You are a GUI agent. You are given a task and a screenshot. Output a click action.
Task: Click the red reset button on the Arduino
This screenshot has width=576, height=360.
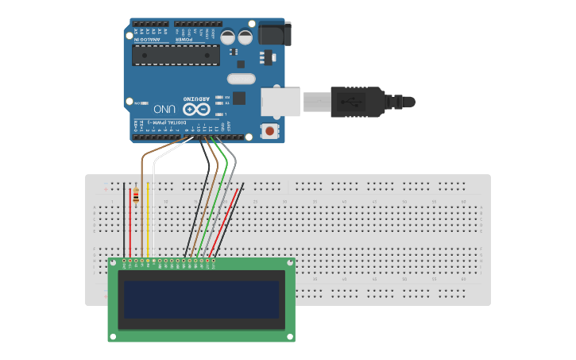click(270, 131)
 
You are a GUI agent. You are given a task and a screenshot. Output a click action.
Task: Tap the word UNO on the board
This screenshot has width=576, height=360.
click(164, 108)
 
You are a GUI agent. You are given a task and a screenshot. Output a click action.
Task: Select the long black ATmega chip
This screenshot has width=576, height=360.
click(175, 55)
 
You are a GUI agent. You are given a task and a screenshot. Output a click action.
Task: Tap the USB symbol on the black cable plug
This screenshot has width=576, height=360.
click(350, 102)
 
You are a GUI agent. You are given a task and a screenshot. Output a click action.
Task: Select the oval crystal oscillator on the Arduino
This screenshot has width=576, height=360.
click(241, 79)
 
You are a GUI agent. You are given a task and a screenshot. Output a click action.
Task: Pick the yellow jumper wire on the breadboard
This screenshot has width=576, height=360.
click(149, 223)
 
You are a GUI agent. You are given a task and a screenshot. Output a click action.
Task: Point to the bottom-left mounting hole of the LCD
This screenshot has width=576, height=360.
click(113, 337)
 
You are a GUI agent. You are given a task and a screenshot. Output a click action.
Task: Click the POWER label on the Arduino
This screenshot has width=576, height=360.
click(184, 38)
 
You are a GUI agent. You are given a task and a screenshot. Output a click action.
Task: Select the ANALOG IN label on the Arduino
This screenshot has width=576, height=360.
click(145, 38)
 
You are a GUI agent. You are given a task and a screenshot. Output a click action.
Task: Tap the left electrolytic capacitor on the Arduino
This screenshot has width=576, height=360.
click(228, 37)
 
